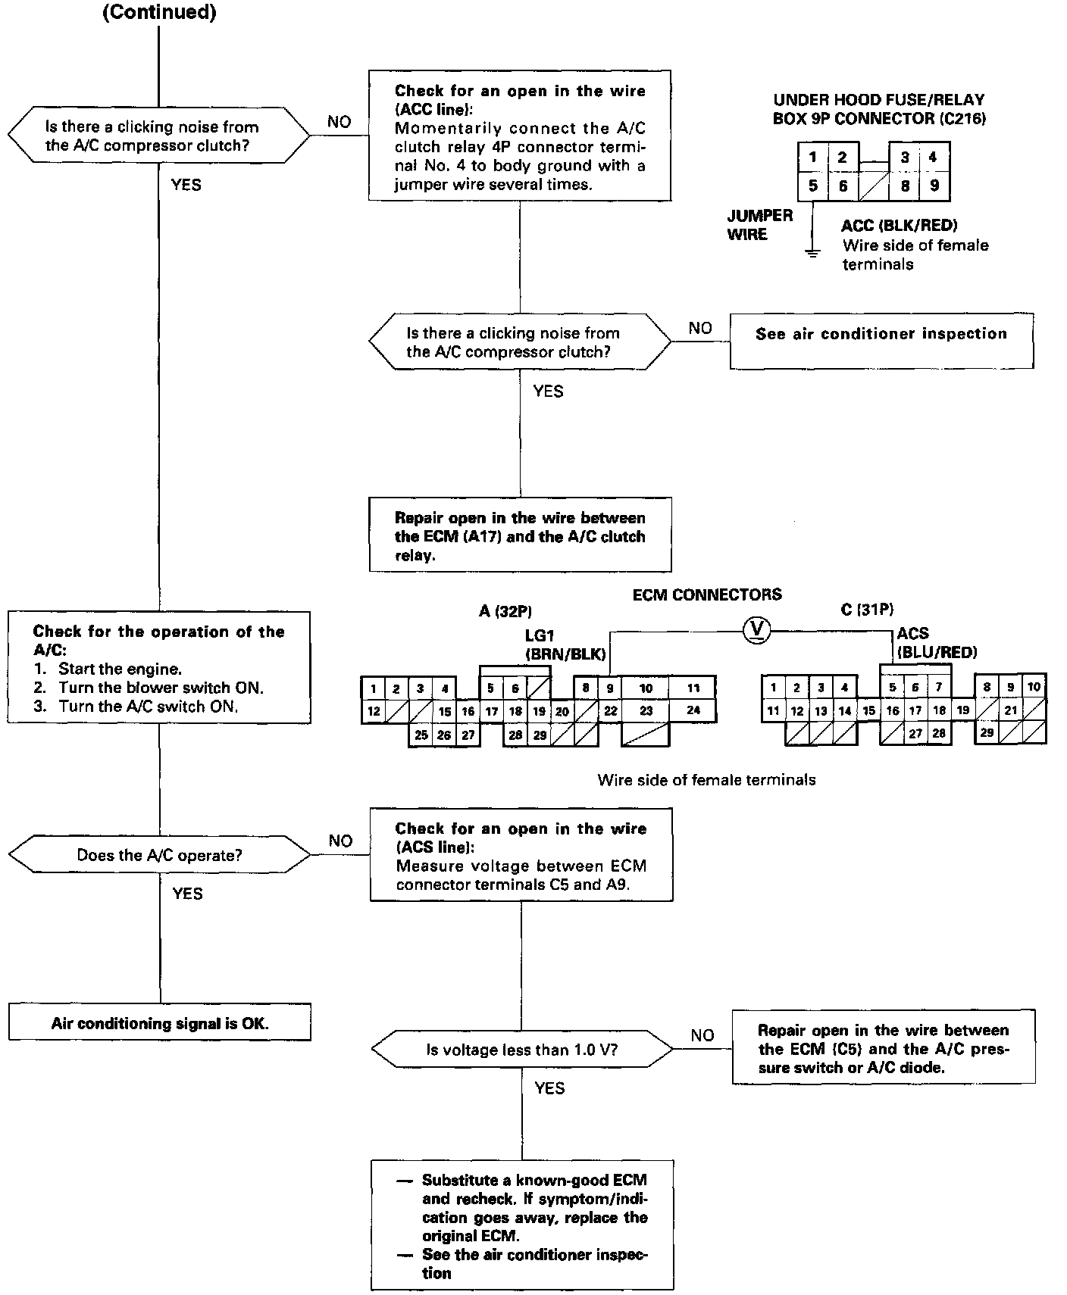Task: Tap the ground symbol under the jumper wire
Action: (x=812, y=253)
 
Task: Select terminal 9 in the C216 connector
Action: (x=934, y=185)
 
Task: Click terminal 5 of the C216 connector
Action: (x=812, y=185)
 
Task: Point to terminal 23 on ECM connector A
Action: (x=646, y=711)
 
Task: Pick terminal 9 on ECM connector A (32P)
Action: (x=610, y=688)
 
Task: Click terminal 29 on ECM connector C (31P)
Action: (x=987, y=732)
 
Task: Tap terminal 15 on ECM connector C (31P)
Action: (x=868, y=710)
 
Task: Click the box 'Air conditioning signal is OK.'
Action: (x=160, y=1023)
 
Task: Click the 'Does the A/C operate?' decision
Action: (x=160, y=855)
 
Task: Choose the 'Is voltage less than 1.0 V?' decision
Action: (x=521, y=1050)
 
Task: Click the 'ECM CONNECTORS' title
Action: (x=706, y=594)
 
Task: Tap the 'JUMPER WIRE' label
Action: (x=759, y=225)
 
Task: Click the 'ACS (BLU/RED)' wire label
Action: (x=937, y=643)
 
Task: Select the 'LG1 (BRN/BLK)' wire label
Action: (x=565, y=644)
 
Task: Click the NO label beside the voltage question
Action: (x=702, y=1035)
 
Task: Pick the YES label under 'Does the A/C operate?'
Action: (x=187, y=894)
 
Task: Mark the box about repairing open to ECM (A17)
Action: (x=520, y=536)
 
